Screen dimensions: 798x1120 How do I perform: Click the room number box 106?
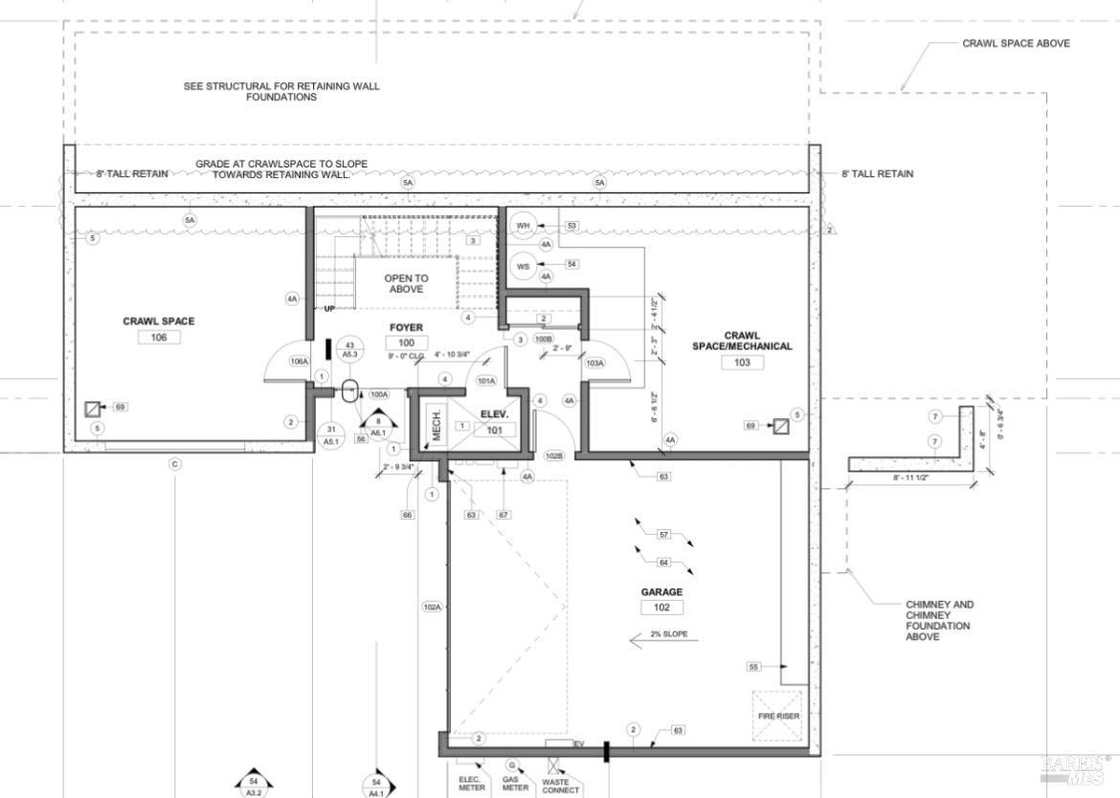(x=158, y=337)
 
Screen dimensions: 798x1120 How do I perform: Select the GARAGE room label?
(x=661, y=592)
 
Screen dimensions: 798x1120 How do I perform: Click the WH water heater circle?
(x=523, y=226)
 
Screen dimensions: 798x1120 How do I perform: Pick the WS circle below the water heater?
(x=523, y=265)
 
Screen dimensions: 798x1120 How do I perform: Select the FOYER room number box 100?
(x=406, y=343)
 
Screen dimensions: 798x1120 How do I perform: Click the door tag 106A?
(x=299, y=362)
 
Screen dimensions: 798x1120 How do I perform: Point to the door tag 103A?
(x=594, y=364)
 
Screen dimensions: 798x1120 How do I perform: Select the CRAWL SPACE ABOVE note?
(x=1016, y=43)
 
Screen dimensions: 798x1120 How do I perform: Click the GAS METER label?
(x=515, y=783)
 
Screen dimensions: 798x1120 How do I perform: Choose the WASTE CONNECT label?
(x=560, y=786)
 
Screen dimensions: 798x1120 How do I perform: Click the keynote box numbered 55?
(x=755, y=666)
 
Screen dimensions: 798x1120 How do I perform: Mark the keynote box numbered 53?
(x=572, y=226)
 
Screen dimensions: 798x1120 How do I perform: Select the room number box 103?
(x=742, y=362)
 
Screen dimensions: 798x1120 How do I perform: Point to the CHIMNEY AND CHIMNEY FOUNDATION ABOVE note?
(x=938, y=620)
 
